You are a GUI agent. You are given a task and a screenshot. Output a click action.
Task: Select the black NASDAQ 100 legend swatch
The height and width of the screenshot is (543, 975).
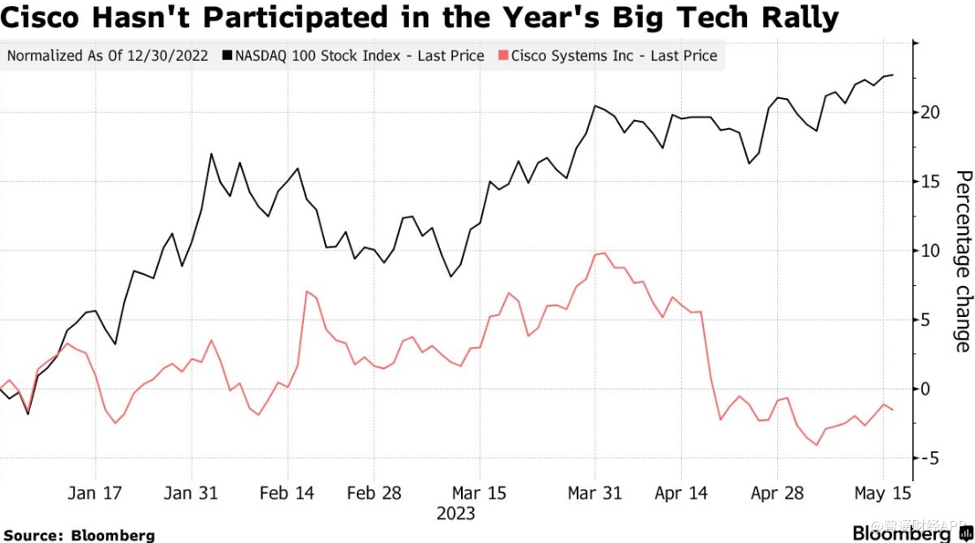point(227,56)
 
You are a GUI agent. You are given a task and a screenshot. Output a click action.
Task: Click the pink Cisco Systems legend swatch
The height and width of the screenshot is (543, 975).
point(503,56)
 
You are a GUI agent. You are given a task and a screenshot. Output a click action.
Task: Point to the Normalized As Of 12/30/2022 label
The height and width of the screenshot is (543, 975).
point(108,56)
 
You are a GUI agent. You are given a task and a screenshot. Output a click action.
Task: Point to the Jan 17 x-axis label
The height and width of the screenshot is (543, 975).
point(94,494)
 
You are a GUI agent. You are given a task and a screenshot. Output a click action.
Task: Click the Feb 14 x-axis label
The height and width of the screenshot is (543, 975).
point(288,494)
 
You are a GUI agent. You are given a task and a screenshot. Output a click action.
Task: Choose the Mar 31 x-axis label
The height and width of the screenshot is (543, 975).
point(595,494)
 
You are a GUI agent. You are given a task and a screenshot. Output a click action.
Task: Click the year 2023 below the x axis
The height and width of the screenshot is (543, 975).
point(456,513)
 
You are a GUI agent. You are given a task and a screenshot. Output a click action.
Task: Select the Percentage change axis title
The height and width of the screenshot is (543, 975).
point(963,261)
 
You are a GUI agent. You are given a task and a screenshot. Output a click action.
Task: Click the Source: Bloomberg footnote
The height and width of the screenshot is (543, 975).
point(79,535)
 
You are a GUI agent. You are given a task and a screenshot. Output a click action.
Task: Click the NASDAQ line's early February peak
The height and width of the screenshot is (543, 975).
point(211,154)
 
